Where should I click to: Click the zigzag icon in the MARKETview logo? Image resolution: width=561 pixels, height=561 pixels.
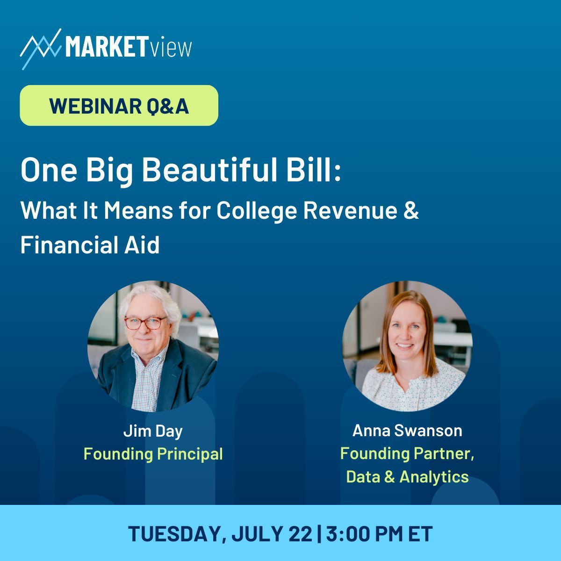(x=41, y=49)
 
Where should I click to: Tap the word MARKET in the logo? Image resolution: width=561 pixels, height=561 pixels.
(x=106, y=46)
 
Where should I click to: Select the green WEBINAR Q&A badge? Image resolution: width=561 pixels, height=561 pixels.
(x=119, y=105)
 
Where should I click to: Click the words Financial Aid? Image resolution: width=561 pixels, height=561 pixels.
(x=90, y=245)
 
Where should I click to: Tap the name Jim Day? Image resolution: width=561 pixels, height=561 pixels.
(x=153, y=432)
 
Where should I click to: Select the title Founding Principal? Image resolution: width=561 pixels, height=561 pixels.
(x=153, y=454)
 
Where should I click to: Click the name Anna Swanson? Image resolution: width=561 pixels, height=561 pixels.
(x=407, y=431)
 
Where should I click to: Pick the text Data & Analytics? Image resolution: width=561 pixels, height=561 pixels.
(x=407, y=477)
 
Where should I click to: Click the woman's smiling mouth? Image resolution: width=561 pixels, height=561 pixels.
(x=404, y=345)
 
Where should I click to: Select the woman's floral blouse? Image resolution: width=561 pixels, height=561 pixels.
(x=413, y=387)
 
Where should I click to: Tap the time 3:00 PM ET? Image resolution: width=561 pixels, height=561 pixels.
(x=379, y=534)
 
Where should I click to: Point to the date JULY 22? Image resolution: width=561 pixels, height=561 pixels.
(x=272, y=534)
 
